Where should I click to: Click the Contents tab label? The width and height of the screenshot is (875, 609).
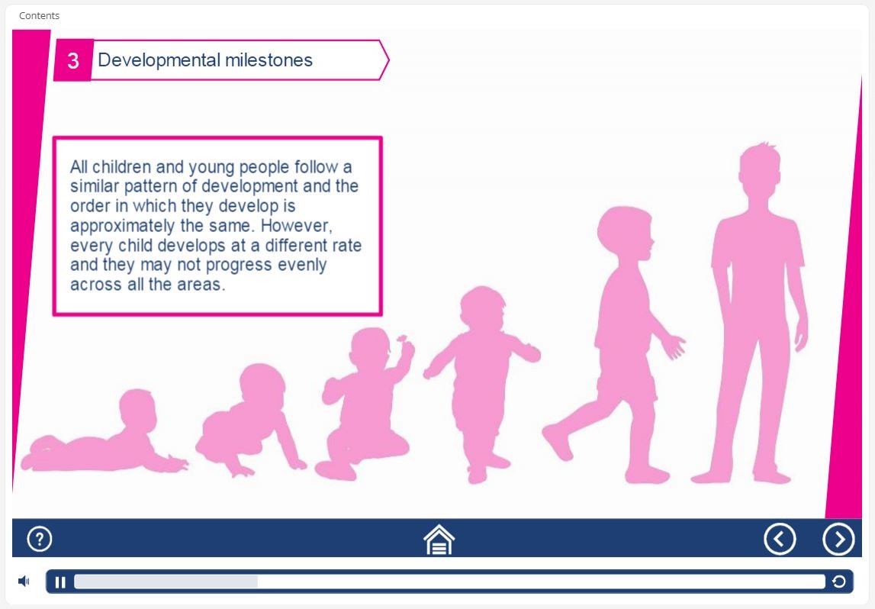pos(39,15)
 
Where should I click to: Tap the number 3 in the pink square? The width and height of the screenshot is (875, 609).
pos(73,61)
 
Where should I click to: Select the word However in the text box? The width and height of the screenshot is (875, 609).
pos(296,226)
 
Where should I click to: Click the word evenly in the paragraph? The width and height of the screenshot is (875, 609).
pos(302,265)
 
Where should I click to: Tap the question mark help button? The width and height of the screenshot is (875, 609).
pos(40,540)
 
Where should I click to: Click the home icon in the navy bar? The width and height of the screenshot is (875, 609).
pos(439,540)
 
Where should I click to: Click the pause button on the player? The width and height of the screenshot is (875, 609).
pos(60,582)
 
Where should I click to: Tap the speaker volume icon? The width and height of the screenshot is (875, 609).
pos(24,582)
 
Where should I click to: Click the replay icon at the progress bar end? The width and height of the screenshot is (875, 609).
pos(838,582)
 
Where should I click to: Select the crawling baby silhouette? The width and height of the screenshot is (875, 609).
pos(250,420)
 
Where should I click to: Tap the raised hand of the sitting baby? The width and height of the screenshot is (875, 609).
pos(405,346)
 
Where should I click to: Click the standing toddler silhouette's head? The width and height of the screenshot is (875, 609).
pos(483,308)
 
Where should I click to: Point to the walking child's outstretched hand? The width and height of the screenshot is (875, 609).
pos(674,346)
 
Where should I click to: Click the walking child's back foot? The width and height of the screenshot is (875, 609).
pos(557,442)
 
